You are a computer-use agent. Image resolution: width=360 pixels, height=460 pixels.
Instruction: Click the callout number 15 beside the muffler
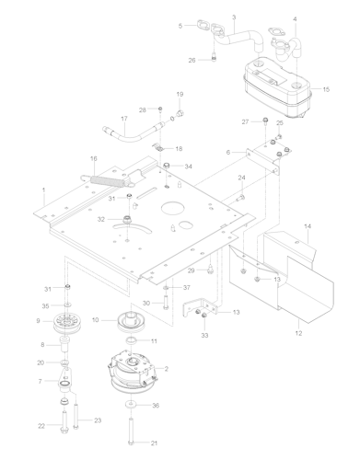[326, 89]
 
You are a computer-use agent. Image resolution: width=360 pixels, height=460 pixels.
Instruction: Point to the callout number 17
[124, 119]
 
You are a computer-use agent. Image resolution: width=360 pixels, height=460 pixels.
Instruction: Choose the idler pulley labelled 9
[65, 325]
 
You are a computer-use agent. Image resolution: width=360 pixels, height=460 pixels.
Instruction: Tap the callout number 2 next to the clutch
[166, 369]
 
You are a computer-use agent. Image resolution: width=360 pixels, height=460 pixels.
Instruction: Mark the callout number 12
[298, 333]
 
